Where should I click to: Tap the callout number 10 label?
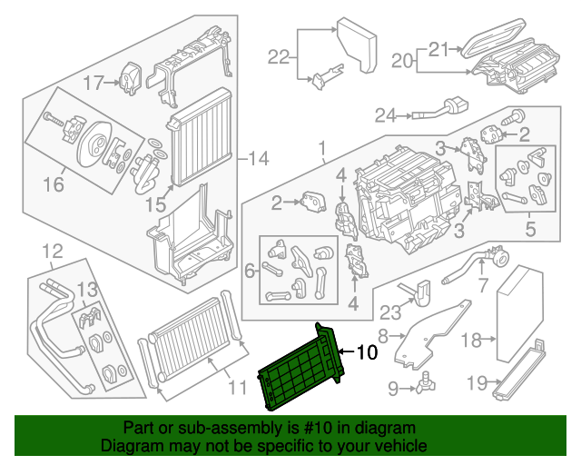(365, 351)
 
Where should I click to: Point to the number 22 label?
(279, 58)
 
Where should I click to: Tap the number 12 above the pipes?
(53, 251)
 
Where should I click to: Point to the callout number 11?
(236, 389)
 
